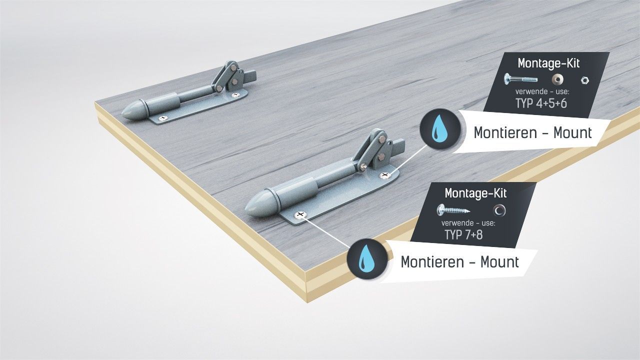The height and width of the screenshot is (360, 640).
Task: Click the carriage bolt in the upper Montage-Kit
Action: click(520, 79)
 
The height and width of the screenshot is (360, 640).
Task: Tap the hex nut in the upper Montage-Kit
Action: click(585, 80)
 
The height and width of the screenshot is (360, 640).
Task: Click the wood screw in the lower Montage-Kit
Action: click(453, 210)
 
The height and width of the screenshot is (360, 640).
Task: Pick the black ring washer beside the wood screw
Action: click(499, 211)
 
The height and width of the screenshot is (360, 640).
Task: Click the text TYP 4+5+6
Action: click(541, 103)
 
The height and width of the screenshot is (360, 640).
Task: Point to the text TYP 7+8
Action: click(463, 235)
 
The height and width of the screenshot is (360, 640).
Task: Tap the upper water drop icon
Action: click(439, 129)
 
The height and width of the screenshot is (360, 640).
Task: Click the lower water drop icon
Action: click(367, 259)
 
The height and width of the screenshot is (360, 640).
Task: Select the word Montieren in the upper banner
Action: click(504, 133)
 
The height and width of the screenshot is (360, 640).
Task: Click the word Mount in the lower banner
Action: click(499, 262)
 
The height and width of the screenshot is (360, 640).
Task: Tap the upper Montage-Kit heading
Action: click(548, 63)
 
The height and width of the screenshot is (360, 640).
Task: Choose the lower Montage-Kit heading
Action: click(475, 193)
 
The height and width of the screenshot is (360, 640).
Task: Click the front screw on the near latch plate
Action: click(299, 214)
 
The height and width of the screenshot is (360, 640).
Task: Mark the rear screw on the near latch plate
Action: click(385, 175)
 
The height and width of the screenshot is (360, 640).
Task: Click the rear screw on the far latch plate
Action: click(235, 95)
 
